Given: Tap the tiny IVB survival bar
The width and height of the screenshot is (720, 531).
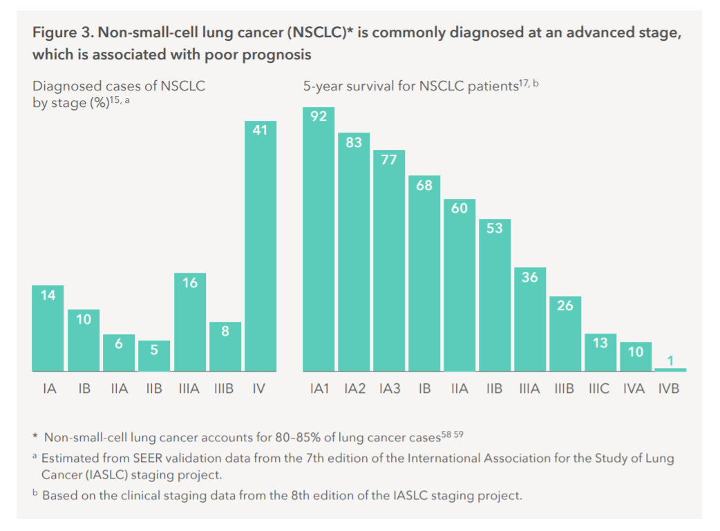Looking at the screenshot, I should click(x=670, y=369).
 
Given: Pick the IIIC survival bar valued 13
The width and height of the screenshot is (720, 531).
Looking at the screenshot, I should click(x=600, y=353).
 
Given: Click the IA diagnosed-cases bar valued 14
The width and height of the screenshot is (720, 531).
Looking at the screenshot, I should click(x=48, y=328).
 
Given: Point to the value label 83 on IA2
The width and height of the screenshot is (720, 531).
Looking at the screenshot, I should click(x=354, y=143).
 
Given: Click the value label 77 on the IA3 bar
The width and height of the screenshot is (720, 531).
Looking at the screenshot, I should click(x=389, y=160).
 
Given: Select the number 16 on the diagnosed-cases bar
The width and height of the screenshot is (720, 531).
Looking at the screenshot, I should click(x=190, y=283).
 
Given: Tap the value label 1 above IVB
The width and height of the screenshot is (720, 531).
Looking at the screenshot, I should click(x=670, y=360).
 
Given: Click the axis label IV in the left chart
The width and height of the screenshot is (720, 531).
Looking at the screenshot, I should click(x=259, y=389).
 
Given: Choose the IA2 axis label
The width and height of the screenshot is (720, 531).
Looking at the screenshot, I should click(x=354, y=389).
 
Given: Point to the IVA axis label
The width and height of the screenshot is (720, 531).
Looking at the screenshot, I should click(x=634, y=389).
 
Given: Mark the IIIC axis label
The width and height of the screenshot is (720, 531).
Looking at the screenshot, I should click(x=599, y=389).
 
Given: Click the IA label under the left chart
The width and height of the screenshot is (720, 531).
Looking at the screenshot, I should click(x=49, y=389).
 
